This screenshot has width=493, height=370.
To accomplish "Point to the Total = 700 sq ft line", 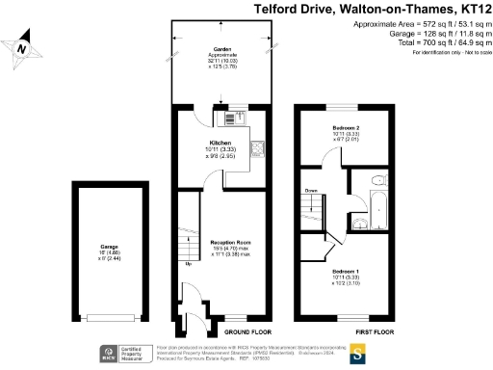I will coord(425,42).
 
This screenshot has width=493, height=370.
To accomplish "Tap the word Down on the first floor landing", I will coord(311,191).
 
